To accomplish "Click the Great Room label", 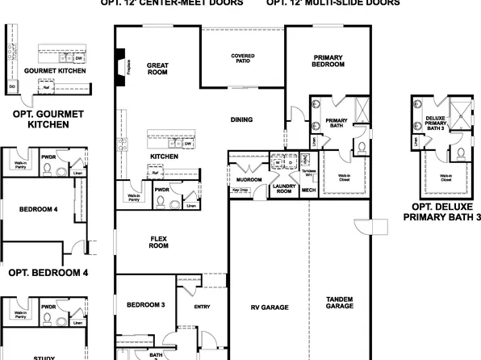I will (x=156, y=69).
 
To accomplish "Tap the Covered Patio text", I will (x=243, y=59).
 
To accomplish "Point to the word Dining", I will (x=241, y=119).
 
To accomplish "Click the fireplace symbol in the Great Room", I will (x=121, y=64).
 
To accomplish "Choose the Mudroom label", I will (x=248, y=179).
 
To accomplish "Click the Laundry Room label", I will (x=284, y=189).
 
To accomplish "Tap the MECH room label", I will (x=307, y=190).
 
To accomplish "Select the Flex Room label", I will (x=158, y=242).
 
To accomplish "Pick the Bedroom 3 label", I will (x=145, y=304).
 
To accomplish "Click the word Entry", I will (x=202, y=307).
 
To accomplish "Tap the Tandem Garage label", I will (x=339, y=302).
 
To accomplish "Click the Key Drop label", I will (x=240, y=190).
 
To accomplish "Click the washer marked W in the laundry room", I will (x=278, y=161).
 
